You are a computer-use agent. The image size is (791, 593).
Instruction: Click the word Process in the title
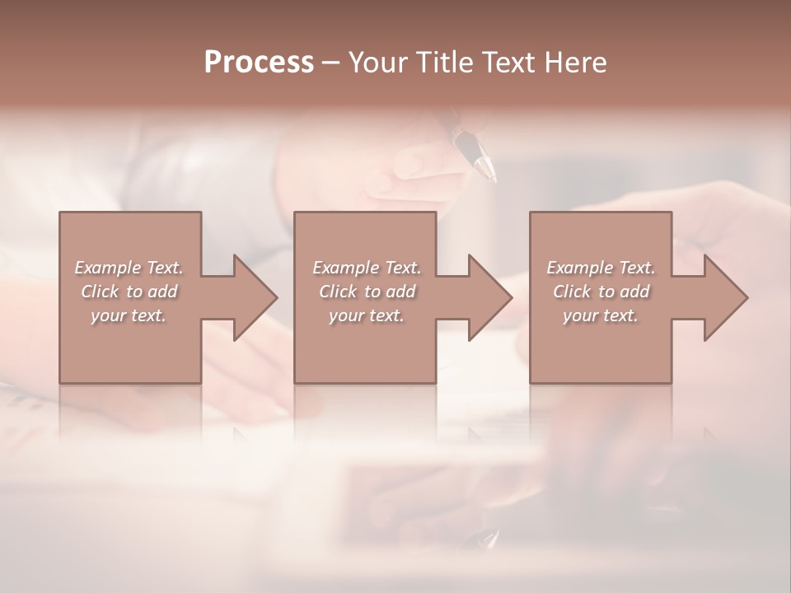(x=259, y=63)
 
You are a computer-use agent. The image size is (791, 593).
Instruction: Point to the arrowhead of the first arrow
(x=255, y=297)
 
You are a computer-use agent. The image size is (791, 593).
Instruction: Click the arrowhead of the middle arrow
(x=490, y=297)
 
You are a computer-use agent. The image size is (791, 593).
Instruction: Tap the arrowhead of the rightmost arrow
(x=726, y=297)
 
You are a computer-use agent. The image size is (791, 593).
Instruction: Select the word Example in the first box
(x=108, y=268)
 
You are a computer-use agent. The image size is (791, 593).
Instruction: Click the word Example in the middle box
(x=346, y=268)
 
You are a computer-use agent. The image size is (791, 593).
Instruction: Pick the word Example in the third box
(x=580, y=268)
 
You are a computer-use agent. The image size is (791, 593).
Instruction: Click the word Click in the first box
(x=99, y=292)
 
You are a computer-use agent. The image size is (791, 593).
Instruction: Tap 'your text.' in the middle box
(x=366, y=315)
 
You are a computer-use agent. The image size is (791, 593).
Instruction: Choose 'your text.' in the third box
(x=600, y=315)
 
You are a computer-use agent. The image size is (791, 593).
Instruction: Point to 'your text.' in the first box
(x=128, y=315)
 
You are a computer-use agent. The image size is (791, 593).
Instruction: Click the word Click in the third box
(x=572, y=292)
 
